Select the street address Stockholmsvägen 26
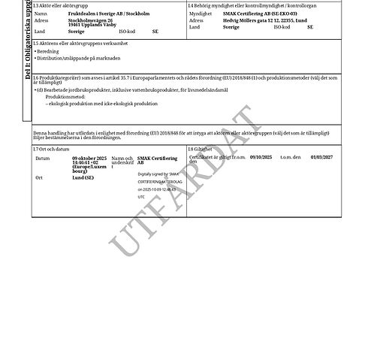tap(89, 20)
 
